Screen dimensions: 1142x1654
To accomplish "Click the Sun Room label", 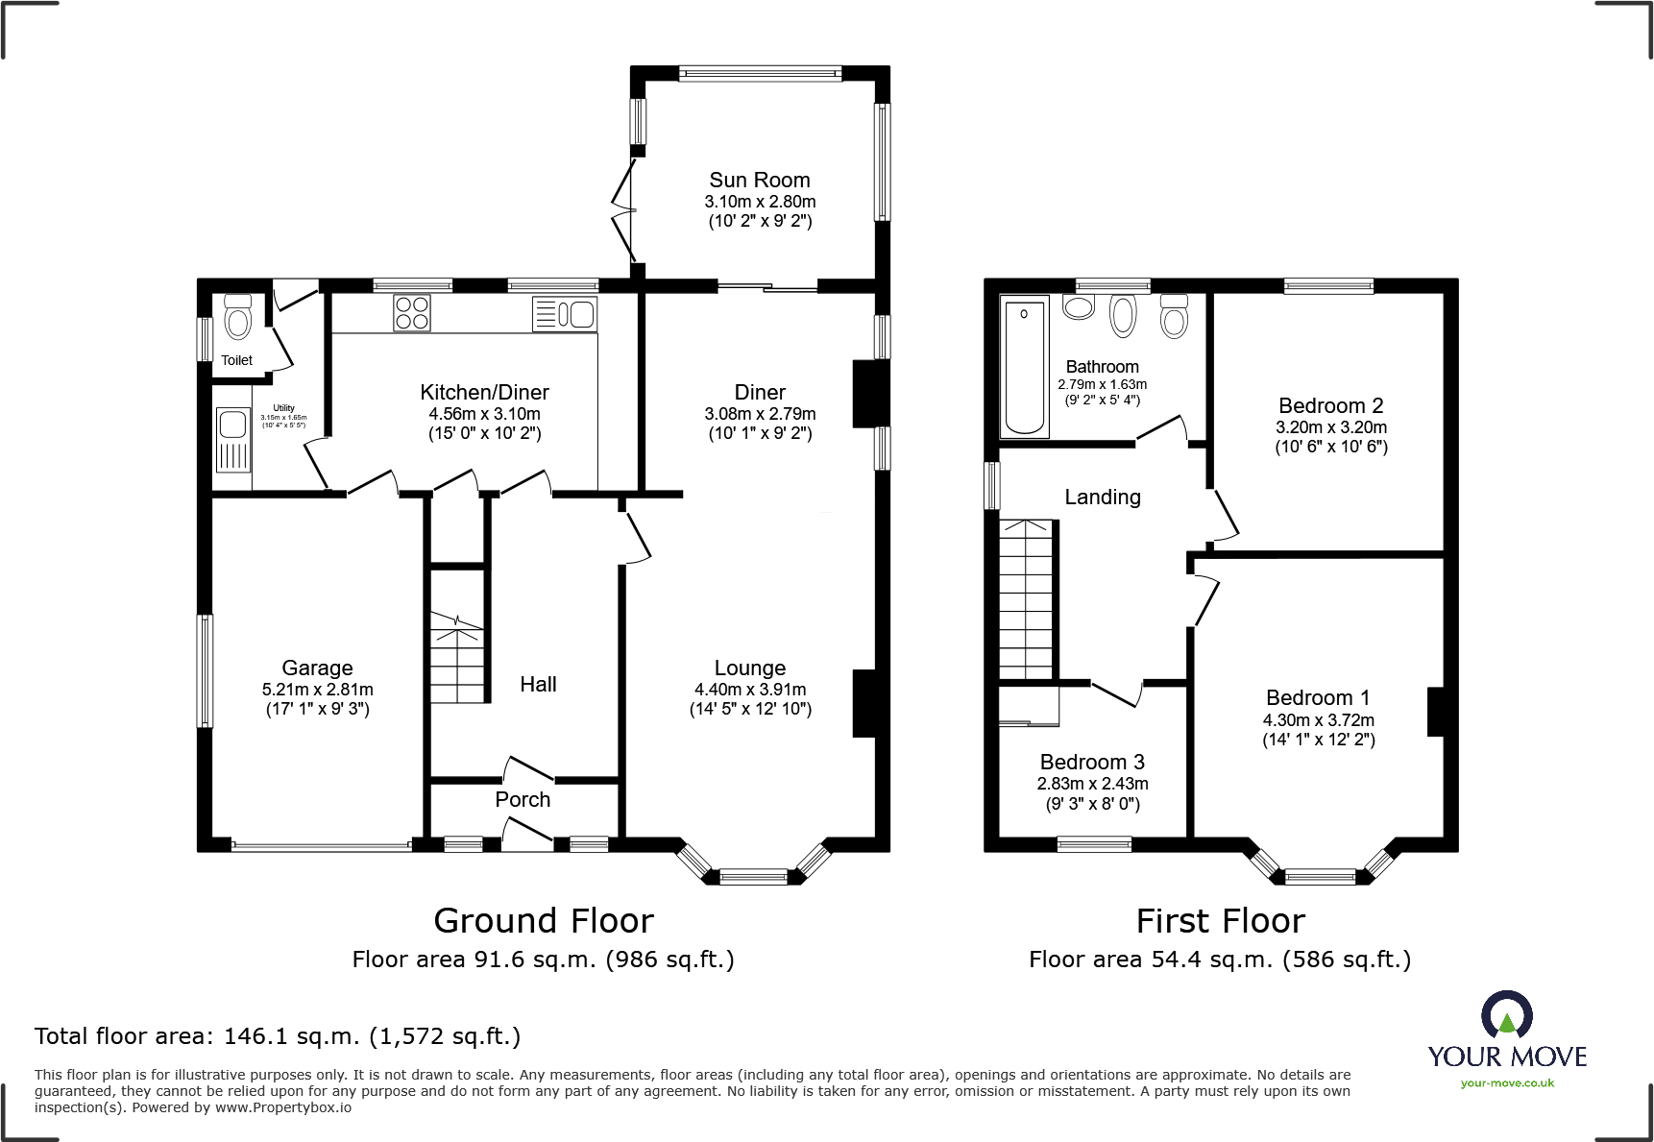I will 759,180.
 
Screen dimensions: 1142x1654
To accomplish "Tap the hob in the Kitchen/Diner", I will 412,313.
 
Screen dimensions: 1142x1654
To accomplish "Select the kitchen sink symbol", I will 565,314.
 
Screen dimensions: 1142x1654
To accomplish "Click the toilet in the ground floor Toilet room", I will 237,316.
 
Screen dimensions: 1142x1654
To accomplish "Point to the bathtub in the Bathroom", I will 1024,366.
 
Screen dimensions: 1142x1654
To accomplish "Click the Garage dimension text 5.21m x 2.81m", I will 317,690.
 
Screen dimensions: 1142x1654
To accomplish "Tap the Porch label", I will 523,799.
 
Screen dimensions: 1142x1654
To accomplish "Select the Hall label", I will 538,684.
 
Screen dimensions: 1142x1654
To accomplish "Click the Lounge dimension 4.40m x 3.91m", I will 750,690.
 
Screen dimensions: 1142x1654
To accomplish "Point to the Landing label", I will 1103,497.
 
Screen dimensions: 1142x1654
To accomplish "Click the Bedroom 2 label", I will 1330,405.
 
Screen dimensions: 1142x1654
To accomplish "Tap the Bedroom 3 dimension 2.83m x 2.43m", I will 1092,784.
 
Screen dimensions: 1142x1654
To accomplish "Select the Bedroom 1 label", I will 1318,698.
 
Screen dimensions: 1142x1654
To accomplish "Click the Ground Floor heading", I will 544,920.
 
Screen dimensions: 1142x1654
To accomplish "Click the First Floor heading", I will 1220,920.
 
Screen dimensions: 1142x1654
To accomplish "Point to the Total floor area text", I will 278,1036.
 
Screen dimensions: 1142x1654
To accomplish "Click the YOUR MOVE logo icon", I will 1506,1014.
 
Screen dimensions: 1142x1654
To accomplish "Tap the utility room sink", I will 233,440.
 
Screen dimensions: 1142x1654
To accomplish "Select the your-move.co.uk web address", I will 1507,1083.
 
